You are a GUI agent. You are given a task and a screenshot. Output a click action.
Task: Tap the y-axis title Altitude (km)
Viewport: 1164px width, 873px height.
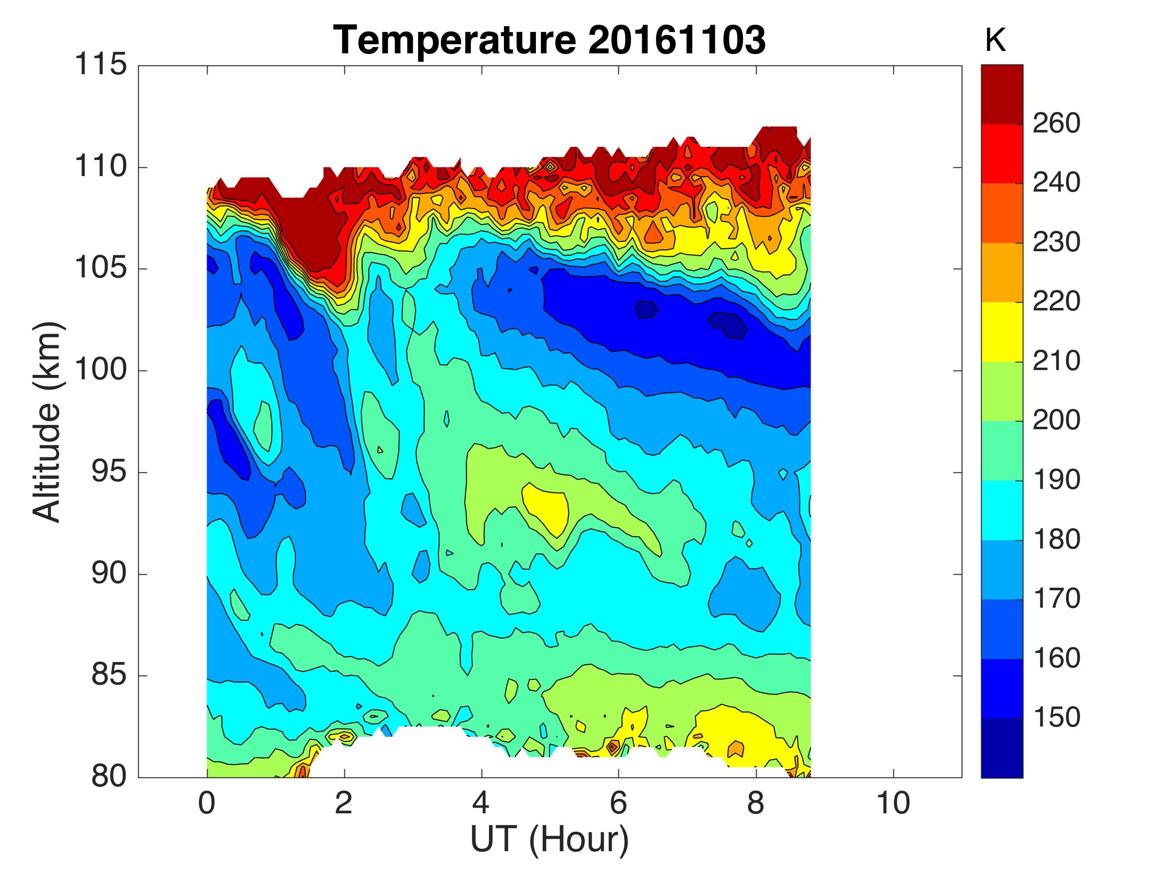tap(48, 421)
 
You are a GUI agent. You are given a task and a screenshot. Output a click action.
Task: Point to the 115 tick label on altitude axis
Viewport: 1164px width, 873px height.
tap(100, 65)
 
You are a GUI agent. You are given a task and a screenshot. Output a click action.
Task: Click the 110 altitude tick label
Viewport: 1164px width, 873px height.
tap(100, 166)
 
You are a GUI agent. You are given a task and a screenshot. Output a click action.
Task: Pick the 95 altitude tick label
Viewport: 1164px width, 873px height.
tap(109, 471)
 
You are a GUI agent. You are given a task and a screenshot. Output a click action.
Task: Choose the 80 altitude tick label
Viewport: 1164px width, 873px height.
tap(109, 776)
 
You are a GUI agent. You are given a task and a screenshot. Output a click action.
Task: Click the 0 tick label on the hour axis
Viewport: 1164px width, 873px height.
tap(207, 804)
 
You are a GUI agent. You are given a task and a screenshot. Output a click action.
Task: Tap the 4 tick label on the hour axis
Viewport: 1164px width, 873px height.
tap(481, 804)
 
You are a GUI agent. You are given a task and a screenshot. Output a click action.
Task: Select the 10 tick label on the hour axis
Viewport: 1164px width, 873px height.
tap(893, 804)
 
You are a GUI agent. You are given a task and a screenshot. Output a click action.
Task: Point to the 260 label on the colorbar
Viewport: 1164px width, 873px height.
tap(1056, 123)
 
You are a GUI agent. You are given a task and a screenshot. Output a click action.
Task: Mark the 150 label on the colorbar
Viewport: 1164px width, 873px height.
tap(1056, 717)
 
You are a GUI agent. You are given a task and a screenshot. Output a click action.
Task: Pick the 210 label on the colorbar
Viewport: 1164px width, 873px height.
tap(1056, 361)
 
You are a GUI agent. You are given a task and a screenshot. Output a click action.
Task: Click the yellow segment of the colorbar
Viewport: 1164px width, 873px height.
tap(1002, 332)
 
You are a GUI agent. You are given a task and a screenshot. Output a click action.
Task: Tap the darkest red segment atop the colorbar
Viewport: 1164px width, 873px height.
tap(1002, 94)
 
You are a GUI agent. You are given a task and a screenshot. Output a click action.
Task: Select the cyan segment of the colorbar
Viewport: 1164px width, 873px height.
tap(1002, 510)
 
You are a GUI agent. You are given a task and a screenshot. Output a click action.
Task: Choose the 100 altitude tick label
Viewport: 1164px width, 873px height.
tap(100, 370)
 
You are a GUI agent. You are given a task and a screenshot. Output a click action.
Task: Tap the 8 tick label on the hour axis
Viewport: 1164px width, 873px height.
tap(756, 804)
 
